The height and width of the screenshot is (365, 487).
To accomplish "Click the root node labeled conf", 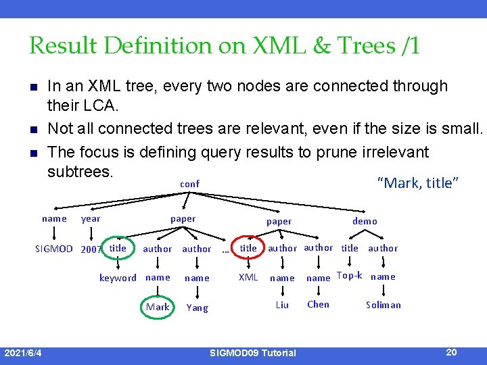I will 189,184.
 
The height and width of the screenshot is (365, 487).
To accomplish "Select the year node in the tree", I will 91,219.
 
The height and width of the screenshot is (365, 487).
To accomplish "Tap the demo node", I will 365,221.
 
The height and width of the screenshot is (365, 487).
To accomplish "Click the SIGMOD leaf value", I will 54,249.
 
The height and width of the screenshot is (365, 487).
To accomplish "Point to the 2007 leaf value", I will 91,249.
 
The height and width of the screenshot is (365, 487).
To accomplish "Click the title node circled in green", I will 118,248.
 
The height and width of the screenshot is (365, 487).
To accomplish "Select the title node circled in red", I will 248,248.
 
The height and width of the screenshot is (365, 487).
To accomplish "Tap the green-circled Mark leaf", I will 158,307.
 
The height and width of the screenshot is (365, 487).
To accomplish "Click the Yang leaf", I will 198,308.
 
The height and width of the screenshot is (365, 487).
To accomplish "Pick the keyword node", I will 118,278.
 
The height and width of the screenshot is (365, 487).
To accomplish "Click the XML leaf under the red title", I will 248,277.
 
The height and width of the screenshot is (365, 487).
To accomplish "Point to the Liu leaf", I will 282,305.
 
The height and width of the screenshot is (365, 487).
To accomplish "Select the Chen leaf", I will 318,304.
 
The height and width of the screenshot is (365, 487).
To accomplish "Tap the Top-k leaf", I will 349,276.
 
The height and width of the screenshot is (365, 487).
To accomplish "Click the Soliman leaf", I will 384,305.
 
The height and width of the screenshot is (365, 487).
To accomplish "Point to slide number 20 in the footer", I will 452,351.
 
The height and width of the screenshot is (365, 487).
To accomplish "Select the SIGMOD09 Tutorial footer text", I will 253,353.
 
